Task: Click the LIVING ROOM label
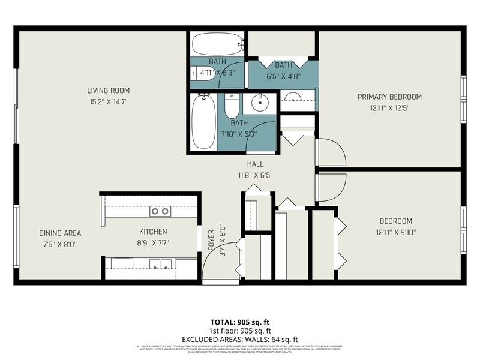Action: (x=108, y=91)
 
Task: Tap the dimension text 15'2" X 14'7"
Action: (x=108, y=102)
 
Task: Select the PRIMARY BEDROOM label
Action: (x=389, y=97)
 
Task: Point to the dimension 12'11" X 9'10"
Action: (x=395, y=233)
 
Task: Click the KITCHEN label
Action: (x=153, y=232)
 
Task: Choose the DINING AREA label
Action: (x=60, y=233)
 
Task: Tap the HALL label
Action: (x=255, y=164)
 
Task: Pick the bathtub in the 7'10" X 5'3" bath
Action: (x=203, y=122)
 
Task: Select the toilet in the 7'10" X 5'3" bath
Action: (x=232, y=106)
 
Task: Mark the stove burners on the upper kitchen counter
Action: (x=160, y=211)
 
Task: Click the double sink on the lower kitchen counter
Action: (x=161, y=263)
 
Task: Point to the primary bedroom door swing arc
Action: (x=332, y=152)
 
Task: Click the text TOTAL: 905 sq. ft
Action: (x=240, y=322)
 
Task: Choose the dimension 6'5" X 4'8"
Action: (x=283, y=76)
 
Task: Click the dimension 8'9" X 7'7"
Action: (x=153, y=243)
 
